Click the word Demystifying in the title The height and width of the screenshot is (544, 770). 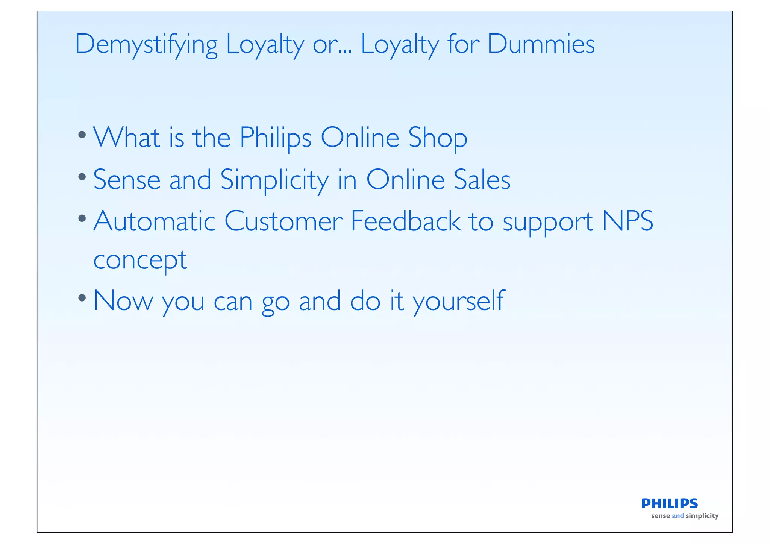tap(146, 44)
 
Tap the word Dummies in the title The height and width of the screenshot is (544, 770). tap(541, 44)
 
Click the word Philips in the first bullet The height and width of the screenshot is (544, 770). tap(276, 138)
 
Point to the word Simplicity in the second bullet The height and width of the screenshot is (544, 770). tap(274, 180)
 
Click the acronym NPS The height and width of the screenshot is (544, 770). tap(628, 221)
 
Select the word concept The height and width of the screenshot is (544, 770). tap(140, 260)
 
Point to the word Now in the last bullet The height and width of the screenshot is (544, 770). tap(123, 301)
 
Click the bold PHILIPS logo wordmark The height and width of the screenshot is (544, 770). tap(669, 503)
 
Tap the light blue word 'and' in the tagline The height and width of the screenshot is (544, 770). tap(678, 516)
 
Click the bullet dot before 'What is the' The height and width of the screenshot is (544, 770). tap(82, 135)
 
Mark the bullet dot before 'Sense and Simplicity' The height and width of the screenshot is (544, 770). tap(82, 177)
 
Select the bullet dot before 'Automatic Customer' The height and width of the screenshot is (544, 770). tap(82, 218)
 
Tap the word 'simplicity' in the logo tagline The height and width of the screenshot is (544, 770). tap(702, 516)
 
